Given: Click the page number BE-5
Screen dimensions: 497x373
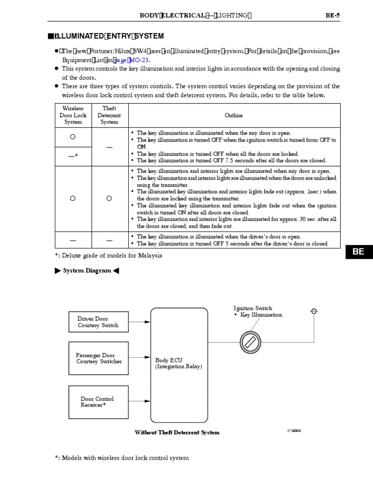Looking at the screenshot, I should (x=332, y=15).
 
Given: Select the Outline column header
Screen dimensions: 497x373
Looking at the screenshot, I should (x=234, y=116).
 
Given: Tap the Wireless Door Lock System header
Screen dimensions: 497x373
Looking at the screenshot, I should (x=73, y=116).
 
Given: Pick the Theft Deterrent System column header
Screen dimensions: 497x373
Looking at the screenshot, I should (x=109, y=116).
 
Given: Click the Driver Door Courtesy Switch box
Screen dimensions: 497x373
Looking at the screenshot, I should (x=99, y=322).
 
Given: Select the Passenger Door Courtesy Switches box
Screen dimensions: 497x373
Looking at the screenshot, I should (x=99, y=359).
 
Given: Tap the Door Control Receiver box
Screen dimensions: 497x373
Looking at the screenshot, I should (x=99, y=402).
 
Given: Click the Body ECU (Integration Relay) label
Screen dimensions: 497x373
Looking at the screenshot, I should (x=178, y=364).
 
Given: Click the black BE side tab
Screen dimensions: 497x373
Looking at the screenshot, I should (x=358, y=252).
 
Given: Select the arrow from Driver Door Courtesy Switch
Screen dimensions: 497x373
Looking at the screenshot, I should (x=140, y=321).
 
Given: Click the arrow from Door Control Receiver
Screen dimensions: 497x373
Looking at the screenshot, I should (x=140, y=401).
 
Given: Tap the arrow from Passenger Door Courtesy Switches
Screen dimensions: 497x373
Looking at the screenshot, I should (x=140, y=358).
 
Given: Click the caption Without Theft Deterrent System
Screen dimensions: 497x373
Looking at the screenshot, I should (x=177, y=432).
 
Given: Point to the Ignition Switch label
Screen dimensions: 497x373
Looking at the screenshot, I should (x=253, y=308).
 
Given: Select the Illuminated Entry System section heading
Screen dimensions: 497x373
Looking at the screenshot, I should (x=107, y=36).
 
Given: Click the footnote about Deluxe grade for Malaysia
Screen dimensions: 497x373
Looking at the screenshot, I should (x=108, y=255).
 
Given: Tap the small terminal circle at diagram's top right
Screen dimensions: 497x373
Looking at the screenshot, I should (x=314, y=311).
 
